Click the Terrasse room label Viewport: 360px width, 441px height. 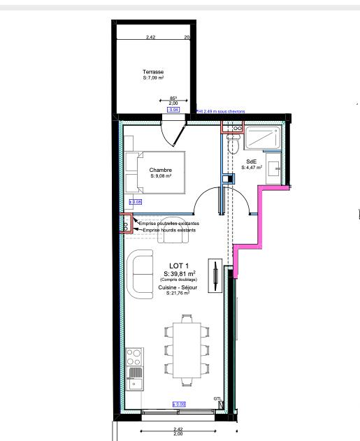(152, 72)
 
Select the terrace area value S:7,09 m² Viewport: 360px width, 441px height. (152, 79)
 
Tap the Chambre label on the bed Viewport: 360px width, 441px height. (160, 170)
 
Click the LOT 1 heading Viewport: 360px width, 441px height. (179, 266)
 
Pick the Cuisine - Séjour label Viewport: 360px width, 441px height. (179, 287)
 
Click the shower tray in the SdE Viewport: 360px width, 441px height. (263, 138)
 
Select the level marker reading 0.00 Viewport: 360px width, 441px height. (178, 405)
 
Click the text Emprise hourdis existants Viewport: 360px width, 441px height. (168, 229)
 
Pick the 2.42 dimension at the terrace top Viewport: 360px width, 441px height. (151, 37)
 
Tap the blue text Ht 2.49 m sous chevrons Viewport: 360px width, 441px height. (225, 110)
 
